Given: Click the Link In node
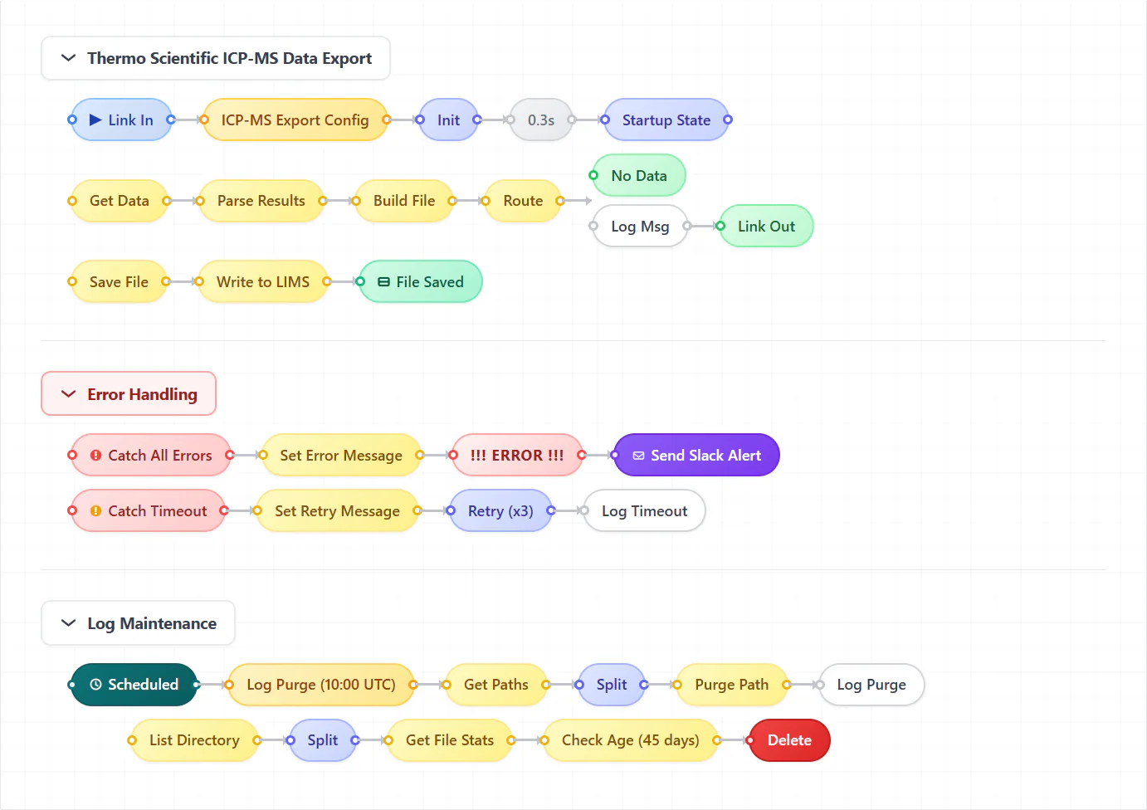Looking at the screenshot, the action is pyautogui.click(x=121, y=120).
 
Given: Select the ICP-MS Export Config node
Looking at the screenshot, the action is pyautogui.click(x=295, y=120).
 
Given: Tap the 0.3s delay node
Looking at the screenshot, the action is pyautogui.click(x=541, y=120).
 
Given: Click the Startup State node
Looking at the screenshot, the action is pyautogui.click(x=666, y=120).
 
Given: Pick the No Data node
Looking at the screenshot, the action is pyautogui.click(x=639, y=176).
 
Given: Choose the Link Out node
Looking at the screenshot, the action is pyautogui.click(x=766, y=226).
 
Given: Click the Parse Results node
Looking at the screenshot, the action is pyautogui.click(x=261, y=201).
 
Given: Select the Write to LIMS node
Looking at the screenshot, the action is pyautogui.click(x=263, y=281).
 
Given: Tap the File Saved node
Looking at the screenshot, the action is pyautogui.click(x=421, y=281).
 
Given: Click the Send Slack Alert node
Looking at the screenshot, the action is pyautogui.click(x=696, y=455).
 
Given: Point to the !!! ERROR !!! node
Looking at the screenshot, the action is pyautogui.click(x=517, y=455).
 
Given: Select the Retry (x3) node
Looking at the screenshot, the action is pyautogui.click(x=500, y=510).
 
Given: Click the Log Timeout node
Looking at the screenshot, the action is pyautogui.click(x=644, y=510).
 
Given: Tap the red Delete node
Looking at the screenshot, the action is pyautogui.click(x=789, y=739).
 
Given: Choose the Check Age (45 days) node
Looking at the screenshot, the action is pyautogui.click(x=630, y=739).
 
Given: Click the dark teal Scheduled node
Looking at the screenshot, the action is pyautogui.click(x=134, y=685).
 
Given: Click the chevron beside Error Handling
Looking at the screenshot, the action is pyautogui.click(x=68, y=393).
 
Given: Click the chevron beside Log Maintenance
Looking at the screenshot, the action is pyautogui.click(x=68, y=623).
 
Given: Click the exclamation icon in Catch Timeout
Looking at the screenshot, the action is pyautogui.click(x=95, y=510).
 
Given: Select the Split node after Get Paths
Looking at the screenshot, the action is pyautogui.click(x=612, y=685).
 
